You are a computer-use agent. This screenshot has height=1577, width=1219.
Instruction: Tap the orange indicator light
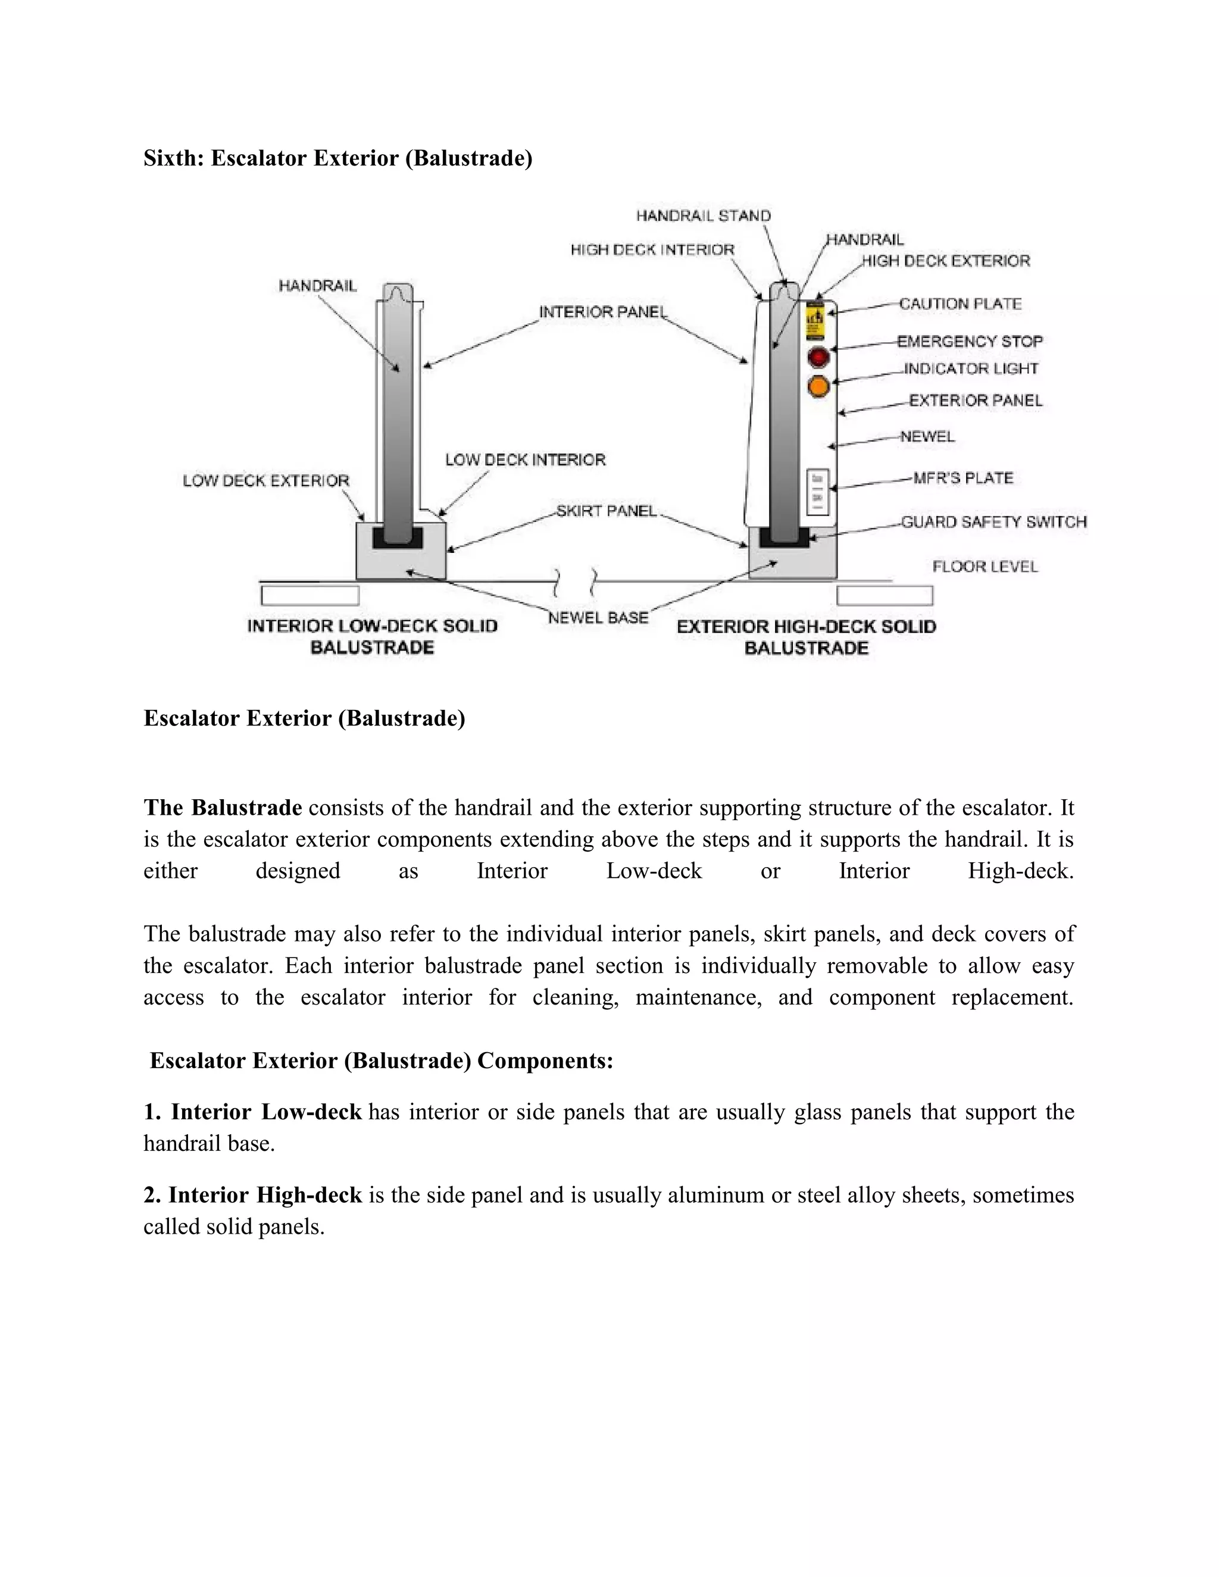pyautogui.click(x=818, y=387)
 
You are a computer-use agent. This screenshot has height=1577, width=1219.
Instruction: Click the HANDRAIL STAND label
pyautogui.click(x=704, y=216)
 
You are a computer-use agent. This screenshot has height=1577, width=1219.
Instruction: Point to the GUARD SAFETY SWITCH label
pyautogui.click(x=993, y=522)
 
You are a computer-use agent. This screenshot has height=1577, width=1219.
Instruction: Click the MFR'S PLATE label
pyautogui.click(x=964, y=478)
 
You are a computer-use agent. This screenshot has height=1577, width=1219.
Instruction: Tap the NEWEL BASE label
pyautogui.click(x=598, y=618)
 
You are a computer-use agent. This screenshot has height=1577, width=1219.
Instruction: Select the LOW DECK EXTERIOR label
pyautogui.click(x=265, y=481)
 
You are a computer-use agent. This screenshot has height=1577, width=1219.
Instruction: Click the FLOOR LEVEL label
pyautogui.click(x=985, y=567)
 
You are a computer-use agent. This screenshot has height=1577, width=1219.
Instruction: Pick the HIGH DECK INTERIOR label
pyautogui.click(x=652, y=250)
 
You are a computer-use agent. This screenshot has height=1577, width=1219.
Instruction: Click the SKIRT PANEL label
pyautogui.click(x=607, y=511)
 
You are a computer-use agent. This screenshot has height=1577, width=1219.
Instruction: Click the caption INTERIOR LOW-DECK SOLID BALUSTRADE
pyautogui.click(x=372, y=637)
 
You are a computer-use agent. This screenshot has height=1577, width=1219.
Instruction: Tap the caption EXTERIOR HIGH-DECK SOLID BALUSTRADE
pyautogui.click(x=806, y=637)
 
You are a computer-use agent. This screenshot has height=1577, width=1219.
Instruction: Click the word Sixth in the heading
pyautogui.click(x=173, y=158)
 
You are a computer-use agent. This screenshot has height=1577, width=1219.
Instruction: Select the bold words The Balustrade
pyautogui.click(x=223, y=808)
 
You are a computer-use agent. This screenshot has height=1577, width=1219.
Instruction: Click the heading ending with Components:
pyautogui.click(x=382, y=1060)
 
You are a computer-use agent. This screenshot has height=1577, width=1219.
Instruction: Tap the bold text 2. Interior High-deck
pyautogui.click(x=253, y=1195)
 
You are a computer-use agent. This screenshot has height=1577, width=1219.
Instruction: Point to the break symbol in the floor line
pyautogui.click(x=575, y=581)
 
